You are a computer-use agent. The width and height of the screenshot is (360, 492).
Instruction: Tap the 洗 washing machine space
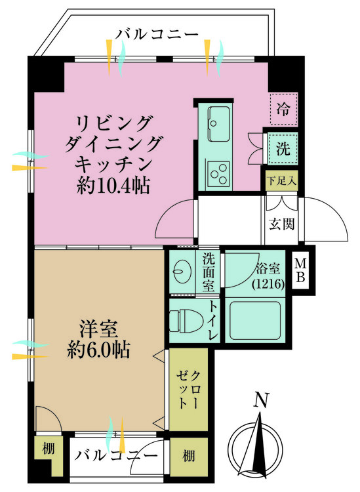click(283, 148)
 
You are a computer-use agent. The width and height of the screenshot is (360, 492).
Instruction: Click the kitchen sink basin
click(216, 122)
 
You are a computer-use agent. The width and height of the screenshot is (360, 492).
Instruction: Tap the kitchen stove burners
click(217, 174)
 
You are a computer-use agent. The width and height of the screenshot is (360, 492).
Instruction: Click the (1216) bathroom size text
click(267, 284)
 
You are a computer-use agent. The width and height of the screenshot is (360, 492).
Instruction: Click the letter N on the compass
click(262, 400)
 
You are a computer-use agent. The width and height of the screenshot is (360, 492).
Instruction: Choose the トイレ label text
click(213, 320)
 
